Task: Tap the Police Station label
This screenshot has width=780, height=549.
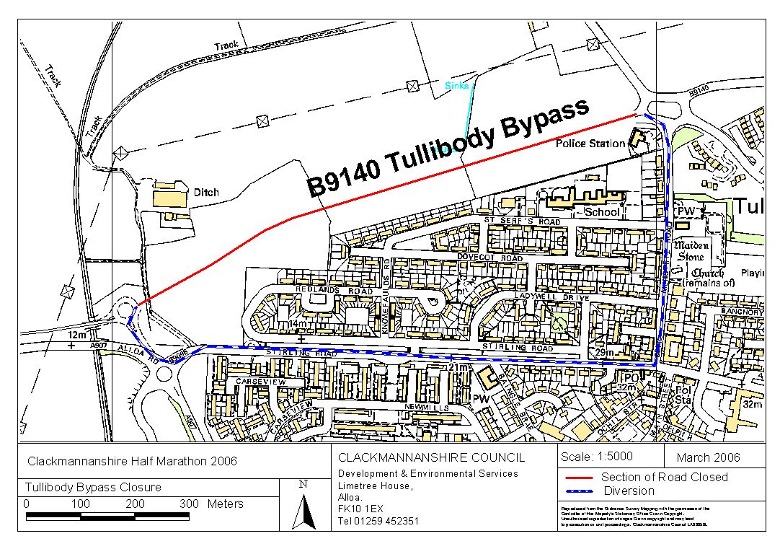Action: point(590,144)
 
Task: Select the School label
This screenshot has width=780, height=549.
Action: point(602,212)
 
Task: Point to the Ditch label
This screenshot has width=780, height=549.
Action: point(205,193)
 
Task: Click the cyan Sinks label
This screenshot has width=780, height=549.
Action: point(456,86)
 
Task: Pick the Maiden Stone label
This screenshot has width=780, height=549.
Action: point(691,250)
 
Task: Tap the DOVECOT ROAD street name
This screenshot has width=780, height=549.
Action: point(491,258)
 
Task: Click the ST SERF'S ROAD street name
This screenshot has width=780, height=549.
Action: point(522,220)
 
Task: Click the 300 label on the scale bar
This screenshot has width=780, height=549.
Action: point(189,504)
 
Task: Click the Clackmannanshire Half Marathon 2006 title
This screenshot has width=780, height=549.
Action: point(132,461)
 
